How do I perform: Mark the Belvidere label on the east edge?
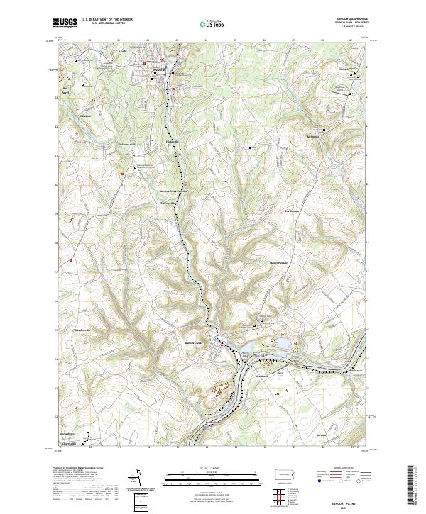356,369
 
